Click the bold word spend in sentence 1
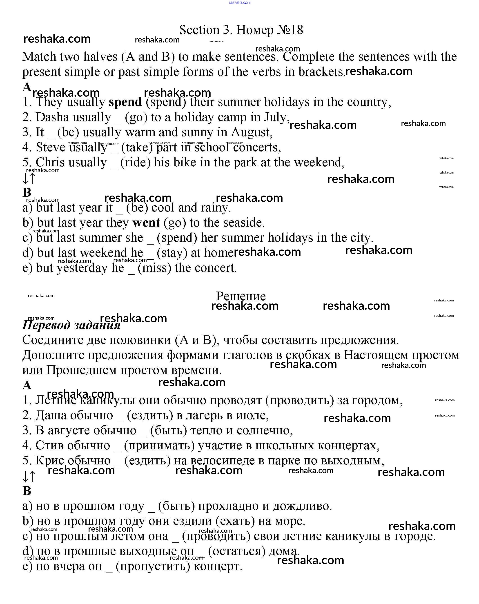click(x=125, y=102)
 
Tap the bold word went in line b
click(x=146, y=223)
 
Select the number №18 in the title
click(x=290, y=30)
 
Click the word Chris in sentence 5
click(x=50, y=163)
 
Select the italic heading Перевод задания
click(x=71, y=325)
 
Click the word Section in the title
click(x=199, y=30)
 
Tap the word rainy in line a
click(x=216, y=208)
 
